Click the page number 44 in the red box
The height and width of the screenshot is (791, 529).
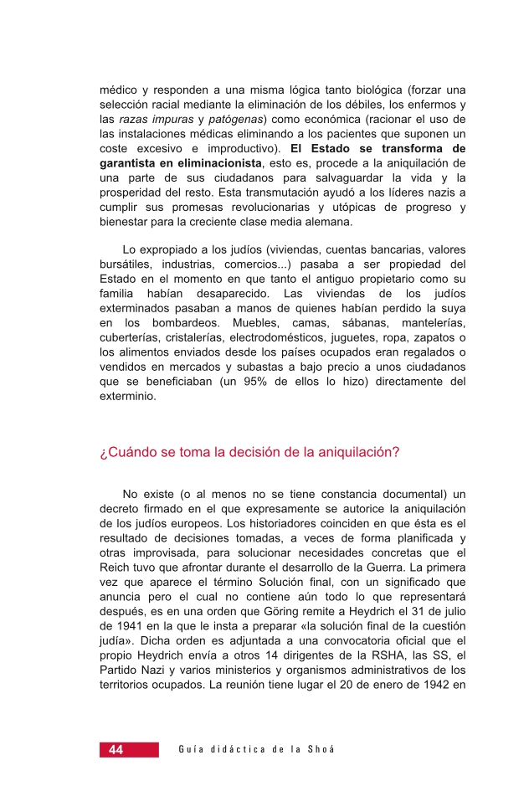click(x=115, y=749)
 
